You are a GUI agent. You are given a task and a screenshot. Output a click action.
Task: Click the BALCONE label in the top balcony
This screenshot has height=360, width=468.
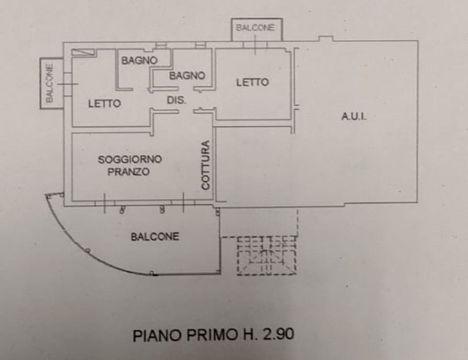pos(255,28)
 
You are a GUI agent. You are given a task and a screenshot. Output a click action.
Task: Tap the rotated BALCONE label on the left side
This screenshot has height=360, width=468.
pos(49,83)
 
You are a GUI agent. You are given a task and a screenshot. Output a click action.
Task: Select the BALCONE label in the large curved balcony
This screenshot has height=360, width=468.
pos(155,237)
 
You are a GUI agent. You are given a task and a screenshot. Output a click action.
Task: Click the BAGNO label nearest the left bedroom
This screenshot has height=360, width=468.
pos(139,61)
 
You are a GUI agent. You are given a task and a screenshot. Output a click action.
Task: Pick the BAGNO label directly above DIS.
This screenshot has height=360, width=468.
pos(187,76)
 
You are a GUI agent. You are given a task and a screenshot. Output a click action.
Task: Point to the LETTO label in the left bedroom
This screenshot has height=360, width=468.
pos(104,104)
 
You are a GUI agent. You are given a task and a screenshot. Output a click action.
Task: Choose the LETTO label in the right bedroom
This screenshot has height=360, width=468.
pos(252,82)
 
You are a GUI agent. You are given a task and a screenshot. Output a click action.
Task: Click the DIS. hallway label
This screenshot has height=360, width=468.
pos(176,100)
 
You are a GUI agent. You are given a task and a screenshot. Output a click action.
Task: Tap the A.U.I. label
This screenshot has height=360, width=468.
pos(354,117)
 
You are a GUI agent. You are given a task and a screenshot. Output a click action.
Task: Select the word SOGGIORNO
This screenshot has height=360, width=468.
pos(130,160)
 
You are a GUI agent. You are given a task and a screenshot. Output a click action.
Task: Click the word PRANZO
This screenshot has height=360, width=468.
pos(129,172)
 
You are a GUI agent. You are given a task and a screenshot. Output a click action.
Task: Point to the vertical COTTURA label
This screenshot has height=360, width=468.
pos(206,165)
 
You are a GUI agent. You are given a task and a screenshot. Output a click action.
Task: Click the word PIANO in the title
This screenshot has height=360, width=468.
pos(155,335)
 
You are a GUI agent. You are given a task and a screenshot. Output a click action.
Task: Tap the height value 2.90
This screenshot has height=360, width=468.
pos(281,335)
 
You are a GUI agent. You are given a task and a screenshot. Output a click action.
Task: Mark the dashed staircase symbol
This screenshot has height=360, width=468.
pos(266,255)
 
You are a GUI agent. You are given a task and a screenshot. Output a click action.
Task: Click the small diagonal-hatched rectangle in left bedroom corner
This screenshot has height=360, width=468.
pos(83,51)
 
